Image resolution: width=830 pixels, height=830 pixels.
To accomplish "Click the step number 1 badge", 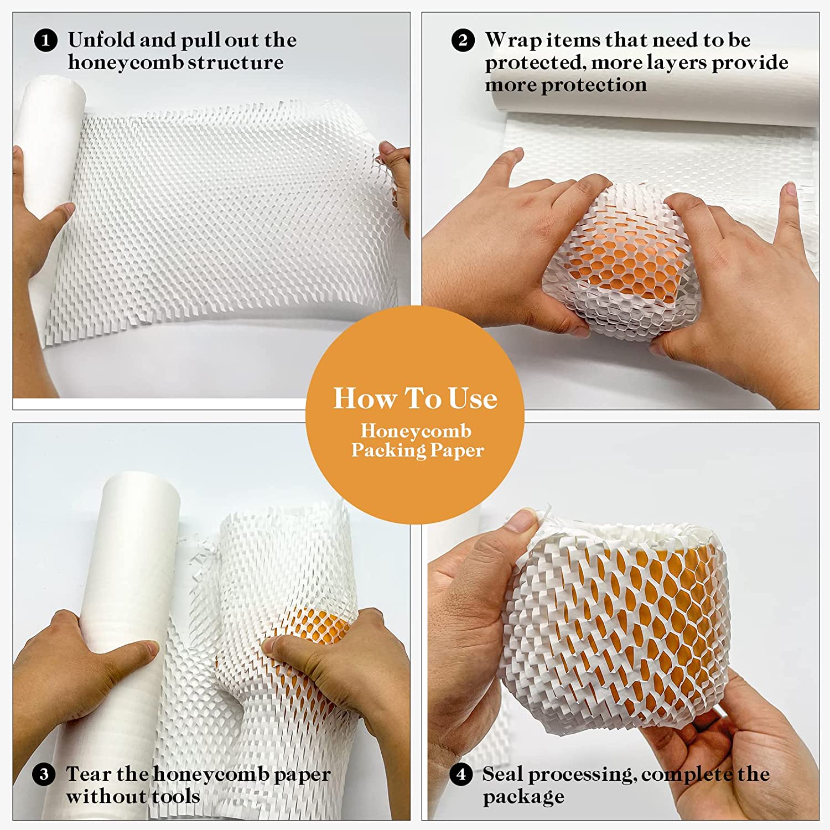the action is pyautogui.click(x=46, y=41).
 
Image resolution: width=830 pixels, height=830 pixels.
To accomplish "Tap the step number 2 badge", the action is pyautogui.click(x=463, y=41).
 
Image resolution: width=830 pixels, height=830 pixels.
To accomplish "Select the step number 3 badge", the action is pyautogui.click(x=44, y=774).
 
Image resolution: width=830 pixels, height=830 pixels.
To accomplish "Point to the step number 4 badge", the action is pyautogui.click(x=461, y=774).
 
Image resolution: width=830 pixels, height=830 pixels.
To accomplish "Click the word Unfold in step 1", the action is pyautogui.click(x=101, y=40).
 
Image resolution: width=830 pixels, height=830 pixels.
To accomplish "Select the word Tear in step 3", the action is pyautogui.click(x=88, y=774).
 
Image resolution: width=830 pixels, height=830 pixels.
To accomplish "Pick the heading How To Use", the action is pyautogui.click(x=415, y=398).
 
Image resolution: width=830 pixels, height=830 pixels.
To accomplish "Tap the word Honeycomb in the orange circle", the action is pyautogui.click(x=416, y=431).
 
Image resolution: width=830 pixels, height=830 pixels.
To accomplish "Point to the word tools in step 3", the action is pyautogui.click(x=175, y=796).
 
